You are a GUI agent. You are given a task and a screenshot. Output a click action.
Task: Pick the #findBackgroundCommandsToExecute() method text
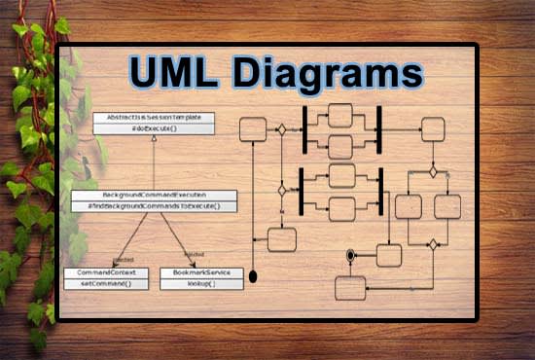click(155, 206)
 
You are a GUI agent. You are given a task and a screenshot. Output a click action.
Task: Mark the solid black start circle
click(254, 276)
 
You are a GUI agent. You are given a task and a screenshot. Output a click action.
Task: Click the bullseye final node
click(351, 255)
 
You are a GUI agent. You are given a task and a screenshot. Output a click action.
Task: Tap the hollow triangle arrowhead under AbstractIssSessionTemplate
click(154, 139)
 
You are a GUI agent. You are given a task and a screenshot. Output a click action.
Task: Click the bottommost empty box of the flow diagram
click(350, 287)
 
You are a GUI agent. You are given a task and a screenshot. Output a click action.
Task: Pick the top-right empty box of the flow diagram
click(433, 128)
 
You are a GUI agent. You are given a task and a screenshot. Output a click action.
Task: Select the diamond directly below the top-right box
click(434, 171)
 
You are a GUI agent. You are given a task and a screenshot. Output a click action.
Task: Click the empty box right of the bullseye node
click(389, 255)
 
